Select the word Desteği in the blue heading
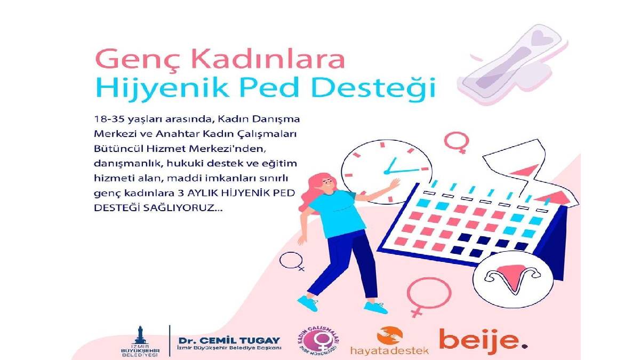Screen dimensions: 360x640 tap(385, 89)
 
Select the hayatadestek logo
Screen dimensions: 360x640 tap(389, 341)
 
